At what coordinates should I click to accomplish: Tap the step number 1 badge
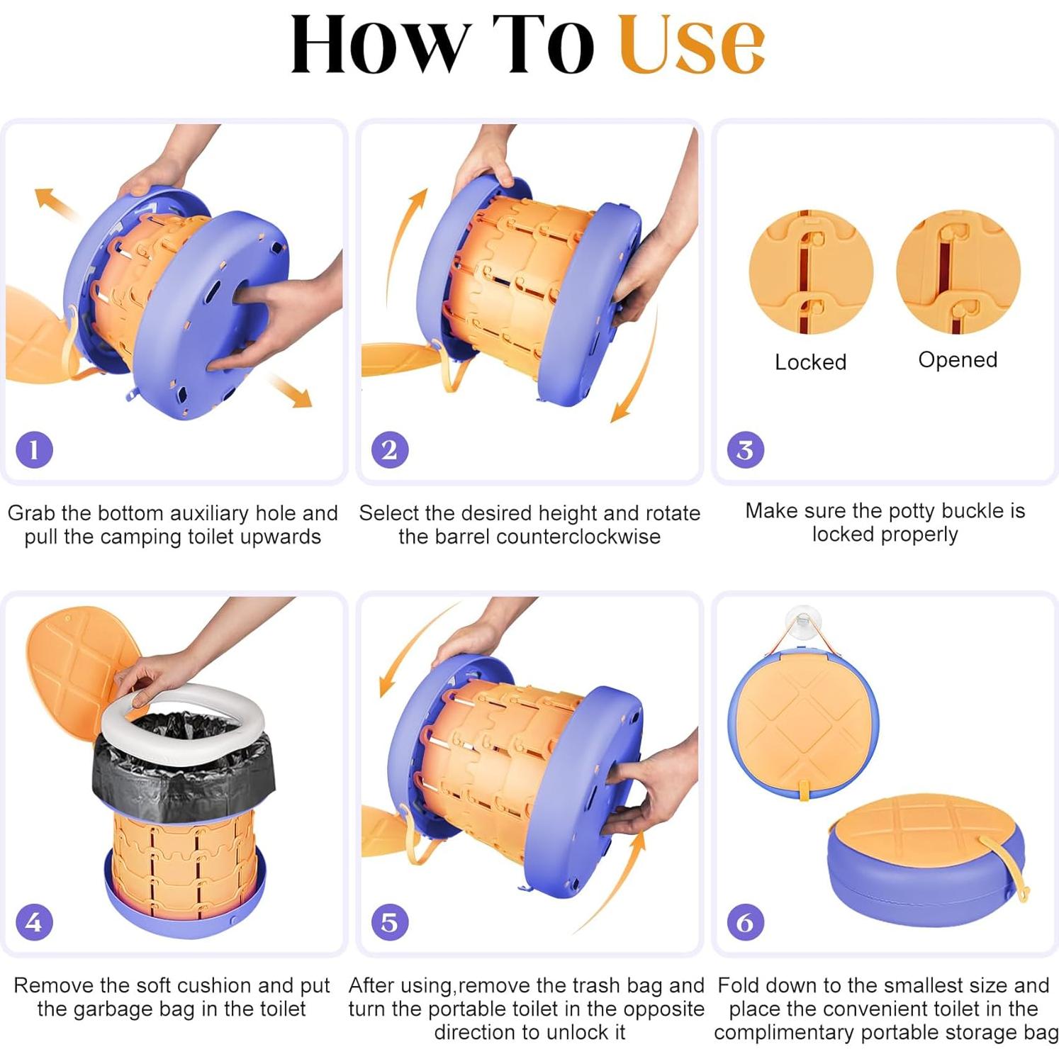point(34,449)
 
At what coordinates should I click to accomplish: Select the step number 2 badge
point(390,449)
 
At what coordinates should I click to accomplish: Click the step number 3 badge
point(746,449)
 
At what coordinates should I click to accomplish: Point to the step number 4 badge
point(34,922)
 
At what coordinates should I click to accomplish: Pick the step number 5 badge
point(390,922)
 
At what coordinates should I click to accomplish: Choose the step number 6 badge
point(746,922)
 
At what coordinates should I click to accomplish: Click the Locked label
point(810,362)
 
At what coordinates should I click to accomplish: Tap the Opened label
point(958,360)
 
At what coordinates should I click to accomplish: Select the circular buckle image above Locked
point(811,271)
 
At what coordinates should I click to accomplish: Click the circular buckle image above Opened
point(958,271)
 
